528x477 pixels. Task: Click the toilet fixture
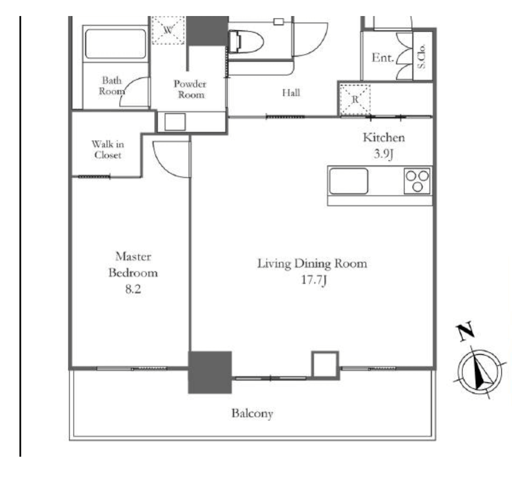pos(246,42)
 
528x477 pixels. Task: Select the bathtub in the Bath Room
pos(115,44)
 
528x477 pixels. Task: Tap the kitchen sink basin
pos(349,181)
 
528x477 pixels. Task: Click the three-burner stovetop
pos(417,181)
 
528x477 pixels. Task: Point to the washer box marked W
pos(168,30)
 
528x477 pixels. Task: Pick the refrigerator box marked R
pos(355,100)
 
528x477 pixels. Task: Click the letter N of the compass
pos(466,332)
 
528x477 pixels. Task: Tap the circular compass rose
pos(480,372)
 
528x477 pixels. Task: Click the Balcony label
pos(252,413)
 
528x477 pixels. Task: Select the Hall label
pos(291,92)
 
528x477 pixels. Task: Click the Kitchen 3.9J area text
pos(383,145)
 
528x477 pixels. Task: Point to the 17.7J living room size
pos(313,279)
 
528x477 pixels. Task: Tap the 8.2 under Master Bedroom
pos(133,289)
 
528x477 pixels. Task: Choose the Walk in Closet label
pos(108,150)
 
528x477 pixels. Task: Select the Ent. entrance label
pos(383,58)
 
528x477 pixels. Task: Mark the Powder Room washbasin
pos(175,122)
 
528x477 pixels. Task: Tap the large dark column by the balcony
pos(210,372)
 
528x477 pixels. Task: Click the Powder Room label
pos(190,89)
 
